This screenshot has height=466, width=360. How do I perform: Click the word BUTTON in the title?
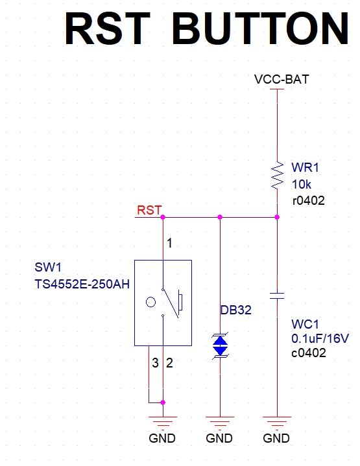pos(260,29)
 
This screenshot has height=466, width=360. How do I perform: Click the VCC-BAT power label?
pos(282,79)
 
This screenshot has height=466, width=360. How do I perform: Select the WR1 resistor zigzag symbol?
pos(277,175)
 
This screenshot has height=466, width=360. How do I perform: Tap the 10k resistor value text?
pos(302,184)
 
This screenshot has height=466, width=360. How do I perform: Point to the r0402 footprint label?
pos(309,201)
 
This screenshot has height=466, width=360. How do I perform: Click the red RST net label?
pos(149,210)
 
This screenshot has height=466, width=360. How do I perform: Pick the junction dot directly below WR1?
pos(277,217)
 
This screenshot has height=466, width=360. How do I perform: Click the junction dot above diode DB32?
pos(220,217)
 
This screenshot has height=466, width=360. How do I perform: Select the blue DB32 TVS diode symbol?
pos(220,345)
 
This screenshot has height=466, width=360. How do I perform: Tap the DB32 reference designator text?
pos(236,310)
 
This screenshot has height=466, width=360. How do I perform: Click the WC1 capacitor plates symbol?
pos(277,296)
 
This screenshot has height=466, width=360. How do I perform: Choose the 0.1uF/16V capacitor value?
pos(320,338)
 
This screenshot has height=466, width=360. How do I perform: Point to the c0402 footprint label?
pos(309,353)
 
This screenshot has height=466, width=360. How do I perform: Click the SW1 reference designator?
pos(48,267)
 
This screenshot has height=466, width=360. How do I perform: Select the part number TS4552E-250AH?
pos(82,284)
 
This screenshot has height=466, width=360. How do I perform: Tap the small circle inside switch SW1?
pos(151,302)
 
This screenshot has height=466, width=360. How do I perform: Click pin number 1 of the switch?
pos(169,244)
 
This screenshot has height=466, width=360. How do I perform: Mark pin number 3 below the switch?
pos(155,363)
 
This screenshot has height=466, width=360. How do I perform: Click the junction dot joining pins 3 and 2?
pos(163,402)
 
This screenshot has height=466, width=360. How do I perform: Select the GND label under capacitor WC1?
pos(276,438)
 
